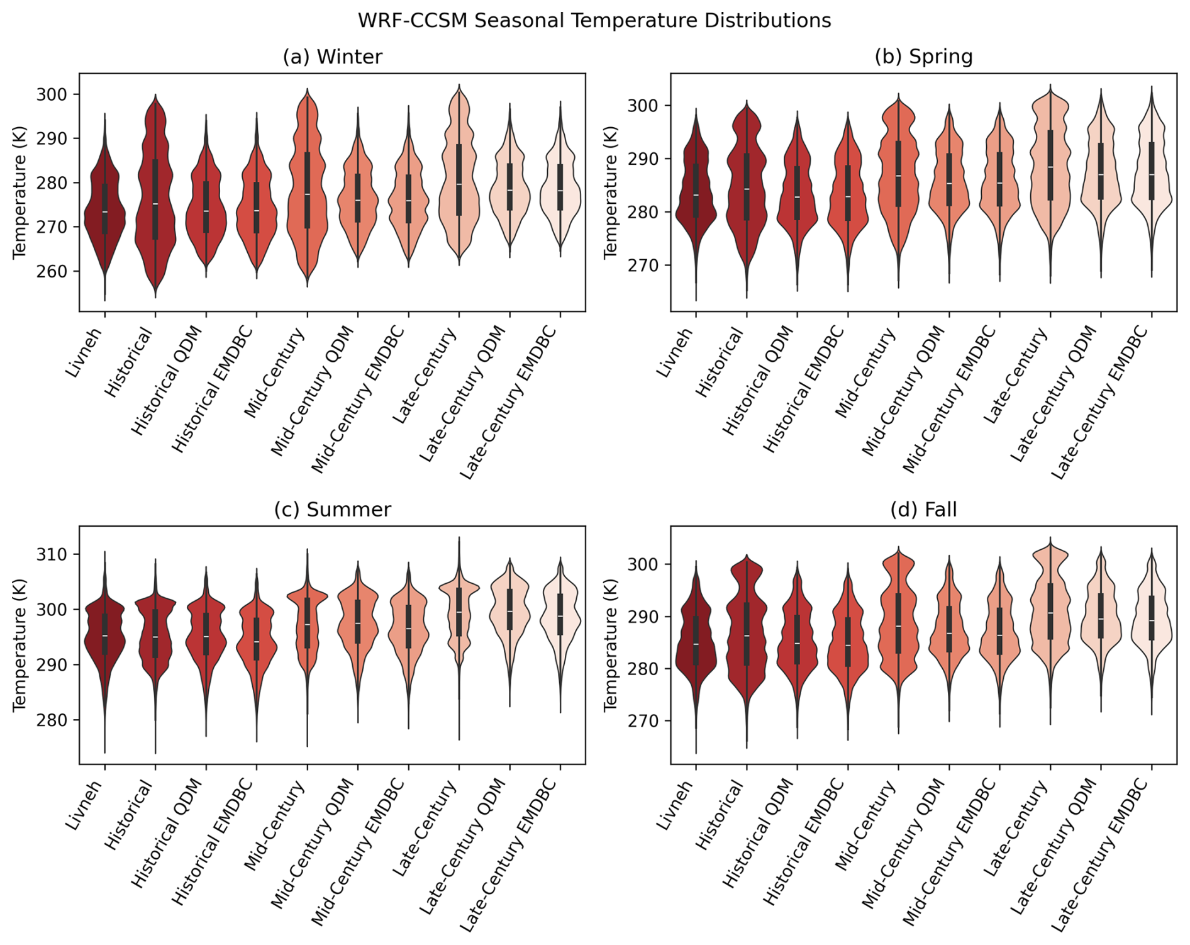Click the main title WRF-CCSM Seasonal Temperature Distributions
(x=594, y=21)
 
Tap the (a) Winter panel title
(x=332, y=57)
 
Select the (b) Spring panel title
(x=923, y=57)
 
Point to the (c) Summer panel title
(x=332, y=510)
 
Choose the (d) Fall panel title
(x=923, y=510)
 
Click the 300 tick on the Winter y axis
(x=55, y=94)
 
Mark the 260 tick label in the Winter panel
(x=55, y=272)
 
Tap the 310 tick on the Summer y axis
(x=55, y=554)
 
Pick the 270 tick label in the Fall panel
(x=646, y=721)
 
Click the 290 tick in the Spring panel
(x=646, y=159)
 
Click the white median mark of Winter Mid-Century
(x=307, y=194)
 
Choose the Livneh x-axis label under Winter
(x=85, y=352)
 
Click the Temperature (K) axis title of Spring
(x=611, y=193)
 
